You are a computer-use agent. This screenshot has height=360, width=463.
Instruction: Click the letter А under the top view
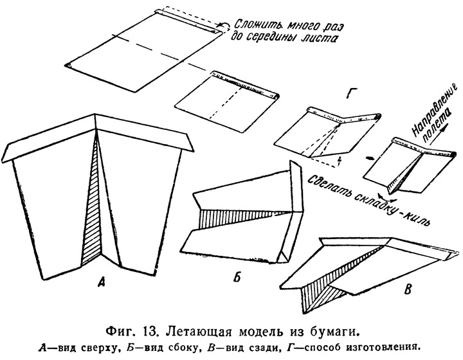point(102,283)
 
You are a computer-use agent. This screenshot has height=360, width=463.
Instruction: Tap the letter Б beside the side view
point(237,277)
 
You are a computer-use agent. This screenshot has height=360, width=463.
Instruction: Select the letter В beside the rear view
point(408,289)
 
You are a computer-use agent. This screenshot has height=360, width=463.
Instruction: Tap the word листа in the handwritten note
point(323,39)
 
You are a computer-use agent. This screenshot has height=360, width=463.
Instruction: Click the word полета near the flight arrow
point(437,126)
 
